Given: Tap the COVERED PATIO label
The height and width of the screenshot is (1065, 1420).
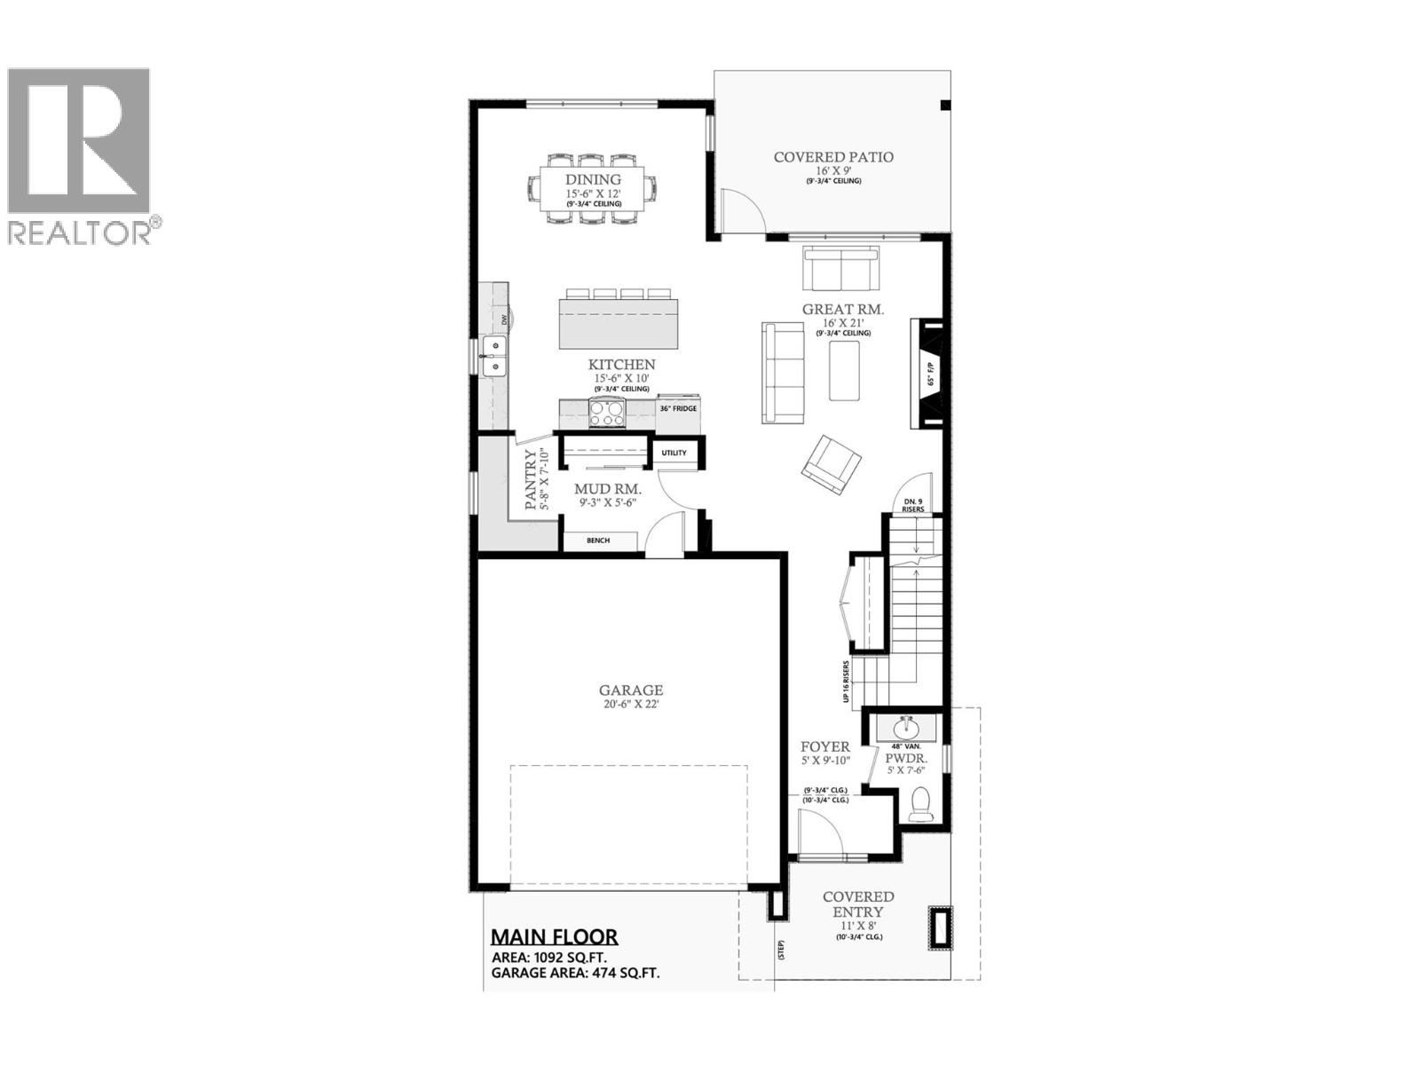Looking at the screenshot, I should tap(833, 157).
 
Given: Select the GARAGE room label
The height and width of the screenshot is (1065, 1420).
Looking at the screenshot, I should tap(630, 690).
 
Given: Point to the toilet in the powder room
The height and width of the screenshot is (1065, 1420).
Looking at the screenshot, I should tap(920, 805).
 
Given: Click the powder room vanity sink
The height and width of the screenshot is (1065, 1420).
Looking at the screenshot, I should tap(906, 728).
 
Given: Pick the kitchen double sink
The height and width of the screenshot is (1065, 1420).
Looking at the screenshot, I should tap(492, 355).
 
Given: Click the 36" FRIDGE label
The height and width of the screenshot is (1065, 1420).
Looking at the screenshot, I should tap(678, 409).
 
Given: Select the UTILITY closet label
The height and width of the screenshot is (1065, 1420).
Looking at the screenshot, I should tap(674, 453).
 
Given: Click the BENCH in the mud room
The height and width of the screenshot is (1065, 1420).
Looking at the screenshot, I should tap(598, 540).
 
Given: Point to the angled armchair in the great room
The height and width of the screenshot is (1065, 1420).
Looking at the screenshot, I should tap(832, 462).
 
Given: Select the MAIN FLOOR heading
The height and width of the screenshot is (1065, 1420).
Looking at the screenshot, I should tap(555, 936).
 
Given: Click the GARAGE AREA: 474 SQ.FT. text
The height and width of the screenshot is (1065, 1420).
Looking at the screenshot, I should tap(575, 973).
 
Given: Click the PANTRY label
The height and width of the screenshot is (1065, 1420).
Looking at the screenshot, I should tap(531, 480).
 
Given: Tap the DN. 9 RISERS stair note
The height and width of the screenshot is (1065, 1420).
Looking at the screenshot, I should tap(912, 506).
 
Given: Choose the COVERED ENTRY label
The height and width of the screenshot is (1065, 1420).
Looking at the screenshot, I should tap(858, 904).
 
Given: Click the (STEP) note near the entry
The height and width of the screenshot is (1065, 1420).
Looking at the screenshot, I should tap(782, 951).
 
